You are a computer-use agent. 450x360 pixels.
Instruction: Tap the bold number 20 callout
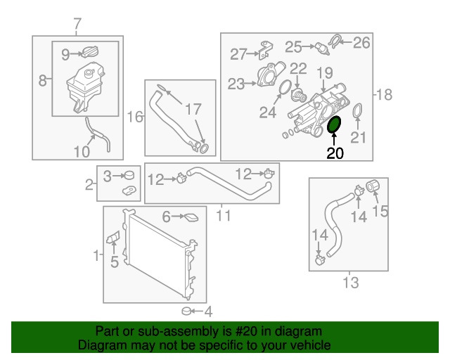tap(335, 153)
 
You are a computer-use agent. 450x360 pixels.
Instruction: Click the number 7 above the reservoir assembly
tap(77, 24)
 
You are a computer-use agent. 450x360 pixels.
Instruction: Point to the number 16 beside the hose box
tap(135, 117)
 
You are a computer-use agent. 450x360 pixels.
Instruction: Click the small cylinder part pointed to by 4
tap(187, 311)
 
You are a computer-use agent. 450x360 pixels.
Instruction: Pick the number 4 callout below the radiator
tap(208, 311)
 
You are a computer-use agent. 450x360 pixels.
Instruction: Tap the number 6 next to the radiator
tap(167, 217)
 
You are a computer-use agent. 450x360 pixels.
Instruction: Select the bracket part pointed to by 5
tap(113, 237)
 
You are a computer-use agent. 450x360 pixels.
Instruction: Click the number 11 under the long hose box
tap(224, 215)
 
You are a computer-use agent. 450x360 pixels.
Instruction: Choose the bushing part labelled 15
tap(373, 186)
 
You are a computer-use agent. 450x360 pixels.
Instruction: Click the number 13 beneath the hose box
tap(351, 283)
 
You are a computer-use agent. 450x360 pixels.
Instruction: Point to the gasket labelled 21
tap(357, 111)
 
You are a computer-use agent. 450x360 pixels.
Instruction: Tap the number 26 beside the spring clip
tap(361, 43)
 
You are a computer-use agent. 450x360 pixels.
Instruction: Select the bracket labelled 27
tap(266, 50)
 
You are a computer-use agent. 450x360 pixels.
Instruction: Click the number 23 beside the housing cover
tap(236, 84)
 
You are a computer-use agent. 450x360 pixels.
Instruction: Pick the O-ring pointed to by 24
tap(285, 87)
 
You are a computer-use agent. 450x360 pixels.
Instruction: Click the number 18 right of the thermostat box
tap(384, 94)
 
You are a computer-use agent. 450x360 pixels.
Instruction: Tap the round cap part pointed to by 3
tap(129, 174)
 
